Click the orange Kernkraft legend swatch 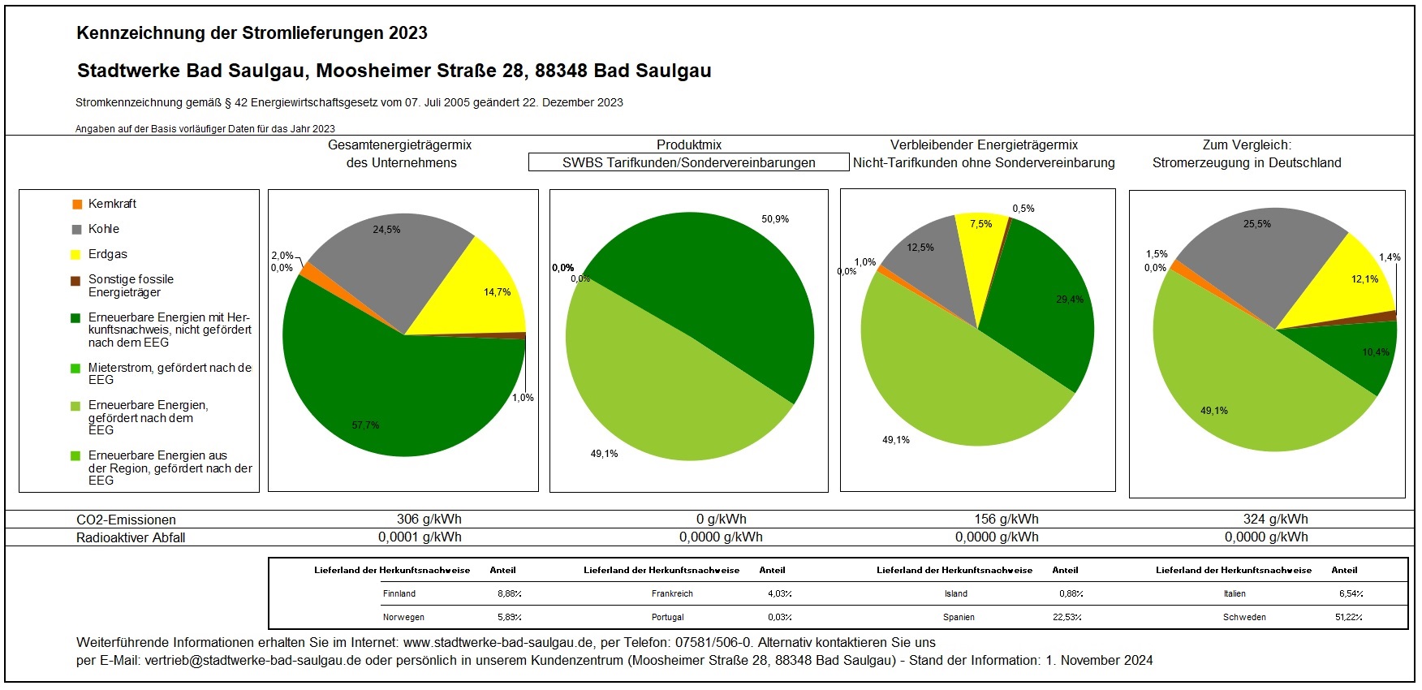tap(77, 205)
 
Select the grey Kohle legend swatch tap(77, 230)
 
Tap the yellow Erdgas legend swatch tap(77, 255)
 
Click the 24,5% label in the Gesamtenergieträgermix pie tap(386, 230)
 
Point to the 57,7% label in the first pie tap(365, 425)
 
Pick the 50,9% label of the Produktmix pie tap(775, 219)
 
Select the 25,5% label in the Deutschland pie tap(1257, 224)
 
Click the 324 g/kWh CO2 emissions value tap(1275, 520)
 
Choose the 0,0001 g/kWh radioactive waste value tap(420, 537)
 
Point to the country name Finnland tap(399, 594)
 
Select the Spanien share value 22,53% tap(1067, 618)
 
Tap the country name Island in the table tap(956, 594)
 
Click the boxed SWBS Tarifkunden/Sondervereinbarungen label tap(688, 163)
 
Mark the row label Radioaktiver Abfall tap(131, 537)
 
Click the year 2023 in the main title tap(407, 33)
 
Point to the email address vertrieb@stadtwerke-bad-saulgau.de tap(252, 661)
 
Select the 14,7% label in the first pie tap(497, 292)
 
